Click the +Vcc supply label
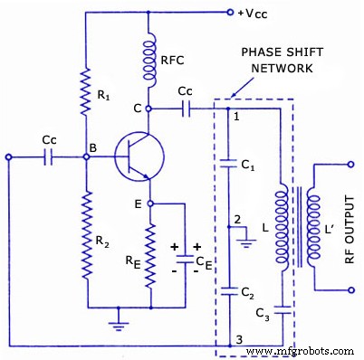(x=254, y=14)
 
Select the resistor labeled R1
(x=85, y=92)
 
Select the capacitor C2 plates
(x=227, y=289)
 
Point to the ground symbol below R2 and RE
(x=116, y=317)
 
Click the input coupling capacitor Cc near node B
(x=53, y=156)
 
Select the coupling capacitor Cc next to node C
(x=185, y=108)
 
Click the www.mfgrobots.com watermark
(x=302, y=351)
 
